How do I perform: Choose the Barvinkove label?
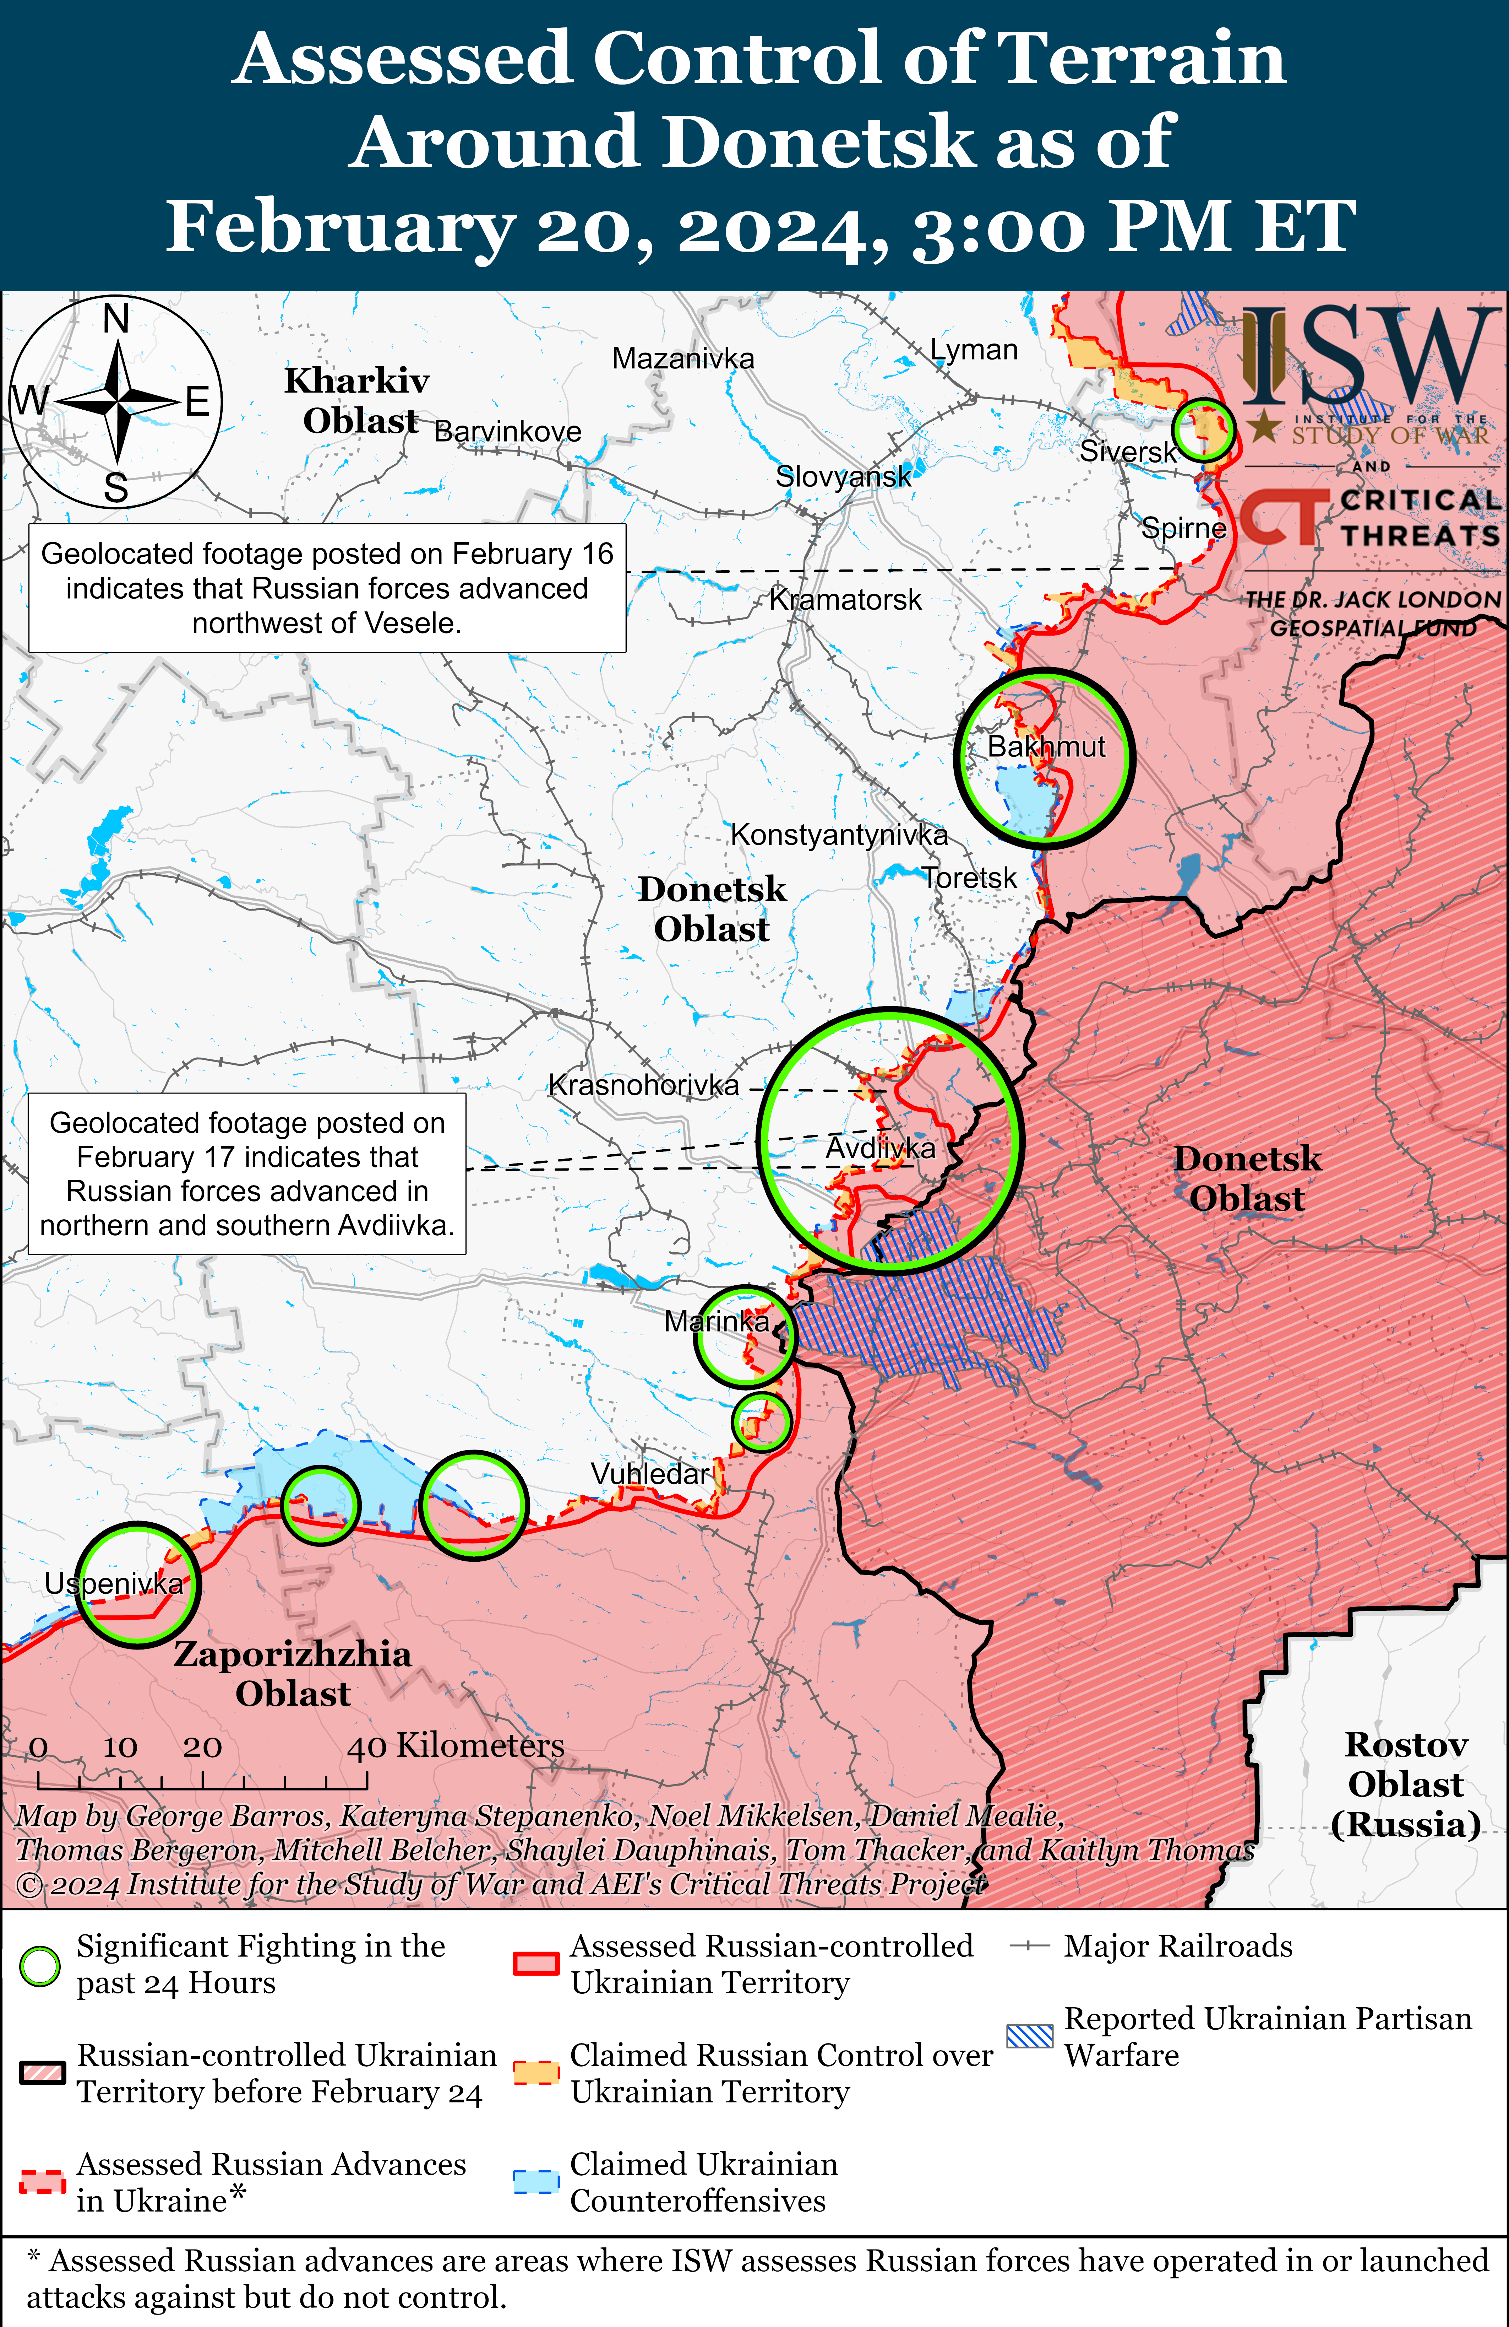tap(507, 431)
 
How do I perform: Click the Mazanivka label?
tap(683, 359)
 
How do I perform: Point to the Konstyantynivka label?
tap(839, 835)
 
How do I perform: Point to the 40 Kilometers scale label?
tap(456, 1745)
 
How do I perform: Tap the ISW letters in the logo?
tap(1368, 357)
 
